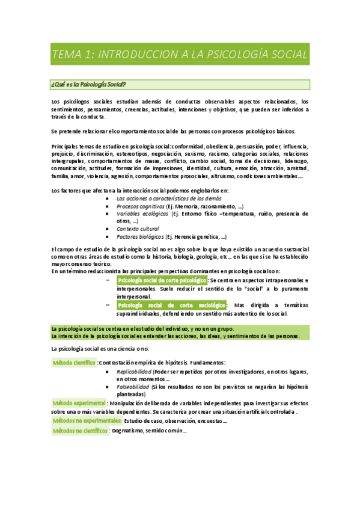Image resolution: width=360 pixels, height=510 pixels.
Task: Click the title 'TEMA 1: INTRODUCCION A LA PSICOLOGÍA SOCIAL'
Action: tap(180, 55)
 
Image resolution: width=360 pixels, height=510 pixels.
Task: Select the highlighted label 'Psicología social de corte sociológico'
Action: tap(171, 305)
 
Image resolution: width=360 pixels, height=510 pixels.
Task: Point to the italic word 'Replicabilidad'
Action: tap(134, 372)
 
